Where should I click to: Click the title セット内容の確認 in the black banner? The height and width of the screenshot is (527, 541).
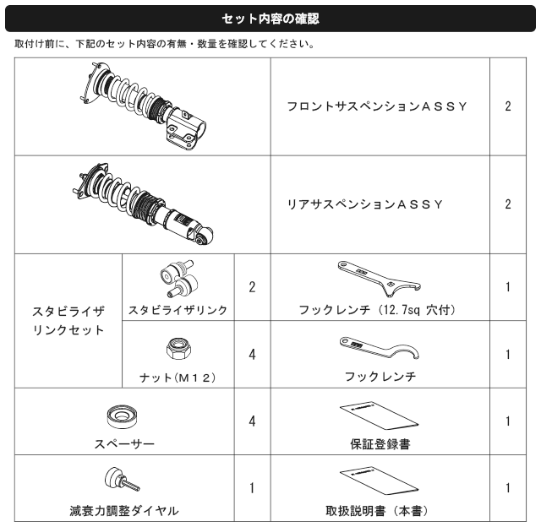click(x=270, y=19)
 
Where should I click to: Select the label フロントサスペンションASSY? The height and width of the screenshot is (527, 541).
click(x=377, y=106)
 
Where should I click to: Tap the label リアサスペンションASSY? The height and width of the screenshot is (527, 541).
click(x=364, y=204)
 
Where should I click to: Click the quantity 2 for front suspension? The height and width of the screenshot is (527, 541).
click(x=508, y=106)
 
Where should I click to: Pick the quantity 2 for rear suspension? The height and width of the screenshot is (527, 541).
click(x=508, y=204)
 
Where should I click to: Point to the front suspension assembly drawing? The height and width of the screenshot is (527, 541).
click(x=143, y=106)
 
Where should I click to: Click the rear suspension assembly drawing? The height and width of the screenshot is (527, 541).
click(x=143, y=204)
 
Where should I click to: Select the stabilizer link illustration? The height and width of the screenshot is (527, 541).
click(x=179, y=279)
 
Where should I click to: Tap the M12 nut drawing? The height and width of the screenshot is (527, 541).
click(x=178, y=349)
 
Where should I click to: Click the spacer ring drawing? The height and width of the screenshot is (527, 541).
click(x=122, y=417)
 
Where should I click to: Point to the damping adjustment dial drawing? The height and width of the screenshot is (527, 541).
click(x=122, y=480)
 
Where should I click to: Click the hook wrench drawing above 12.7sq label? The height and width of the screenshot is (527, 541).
click(x=379, y=279)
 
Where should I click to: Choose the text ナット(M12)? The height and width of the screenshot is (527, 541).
click(x=178, y=378)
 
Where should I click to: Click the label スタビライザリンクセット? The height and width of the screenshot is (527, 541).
click(x=68, y=321)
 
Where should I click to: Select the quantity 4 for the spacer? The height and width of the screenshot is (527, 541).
click(x=252, y=421)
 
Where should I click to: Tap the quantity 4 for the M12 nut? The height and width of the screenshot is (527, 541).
click(x=252, y=355)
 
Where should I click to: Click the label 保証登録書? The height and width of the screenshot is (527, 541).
click(x=380, y=444)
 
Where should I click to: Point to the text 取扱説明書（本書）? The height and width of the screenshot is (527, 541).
click(x=377, y=511)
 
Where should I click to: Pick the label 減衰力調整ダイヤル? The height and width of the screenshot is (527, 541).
click(x=124, y=511)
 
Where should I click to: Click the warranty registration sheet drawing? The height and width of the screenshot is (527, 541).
click(x=379, y=416)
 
